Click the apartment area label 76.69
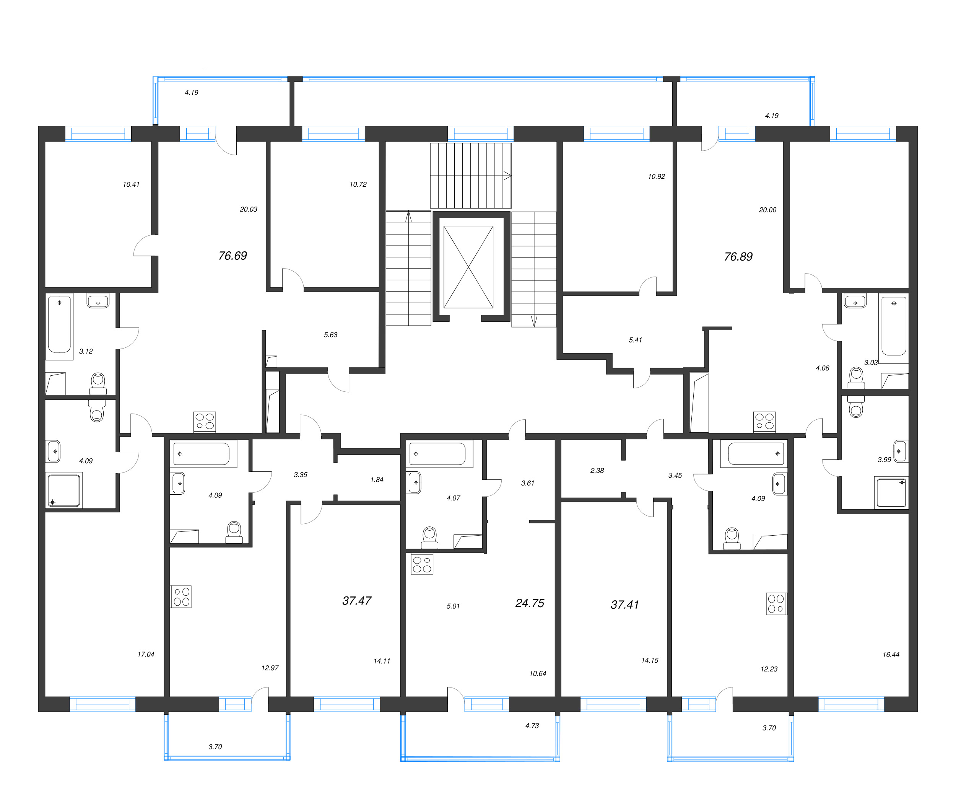pyautogui.click(x=232, y=256)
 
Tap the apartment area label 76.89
pyautogui.click(x=738, y=256)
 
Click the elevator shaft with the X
pyautogui.click(x=468, y=267)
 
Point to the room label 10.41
pyautogui.click(x=131, y=184)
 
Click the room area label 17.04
pyautogui.click(x=146, y=654)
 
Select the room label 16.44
pyautogui.click(x=891, y=655)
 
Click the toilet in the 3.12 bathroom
pyautogui.click(x=98, y=383)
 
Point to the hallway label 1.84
pyautogui.click(x=377, y=480)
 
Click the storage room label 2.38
pyautogui.click(x=597, y=471)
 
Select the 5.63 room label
pyautogui.click(x=330, y=335)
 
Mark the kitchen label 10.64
pyautogui.click(x=538, y=673)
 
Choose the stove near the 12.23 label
pyautogui.click(x=776, y=604)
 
